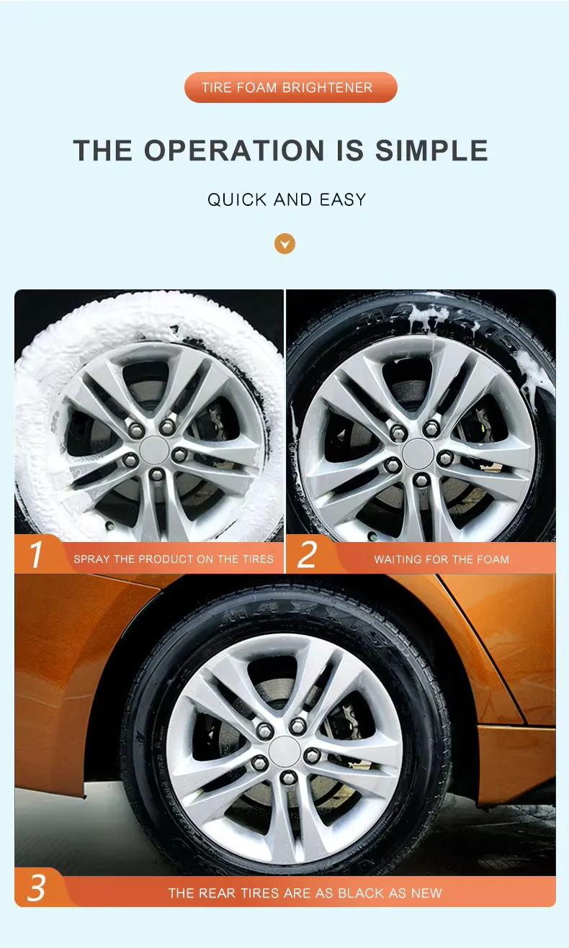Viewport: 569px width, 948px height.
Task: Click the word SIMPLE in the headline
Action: coord(431,151)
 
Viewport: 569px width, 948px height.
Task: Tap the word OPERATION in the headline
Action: coord(235,151)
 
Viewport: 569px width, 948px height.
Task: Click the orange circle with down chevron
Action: coord(285,243)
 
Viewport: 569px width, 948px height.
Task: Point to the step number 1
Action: coord(36,556)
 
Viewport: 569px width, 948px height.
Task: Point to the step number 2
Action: coord(308,556)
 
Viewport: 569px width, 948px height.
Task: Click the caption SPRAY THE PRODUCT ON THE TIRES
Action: coord(174,559)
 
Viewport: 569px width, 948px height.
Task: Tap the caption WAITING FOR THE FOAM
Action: coord(442,559)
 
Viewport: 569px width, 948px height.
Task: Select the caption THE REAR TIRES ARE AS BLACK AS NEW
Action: coord(305,893)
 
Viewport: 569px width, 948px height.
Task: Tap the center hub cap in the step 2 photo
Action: coord(418,453)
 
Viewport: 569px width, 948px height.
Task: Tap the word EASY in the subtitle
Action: coord(343,200)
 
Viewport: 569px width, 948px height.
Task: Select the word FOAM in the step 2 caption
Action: coord(493,559)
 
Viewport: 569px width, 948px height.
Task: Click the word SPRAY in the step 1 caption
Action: coord(90,559)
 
